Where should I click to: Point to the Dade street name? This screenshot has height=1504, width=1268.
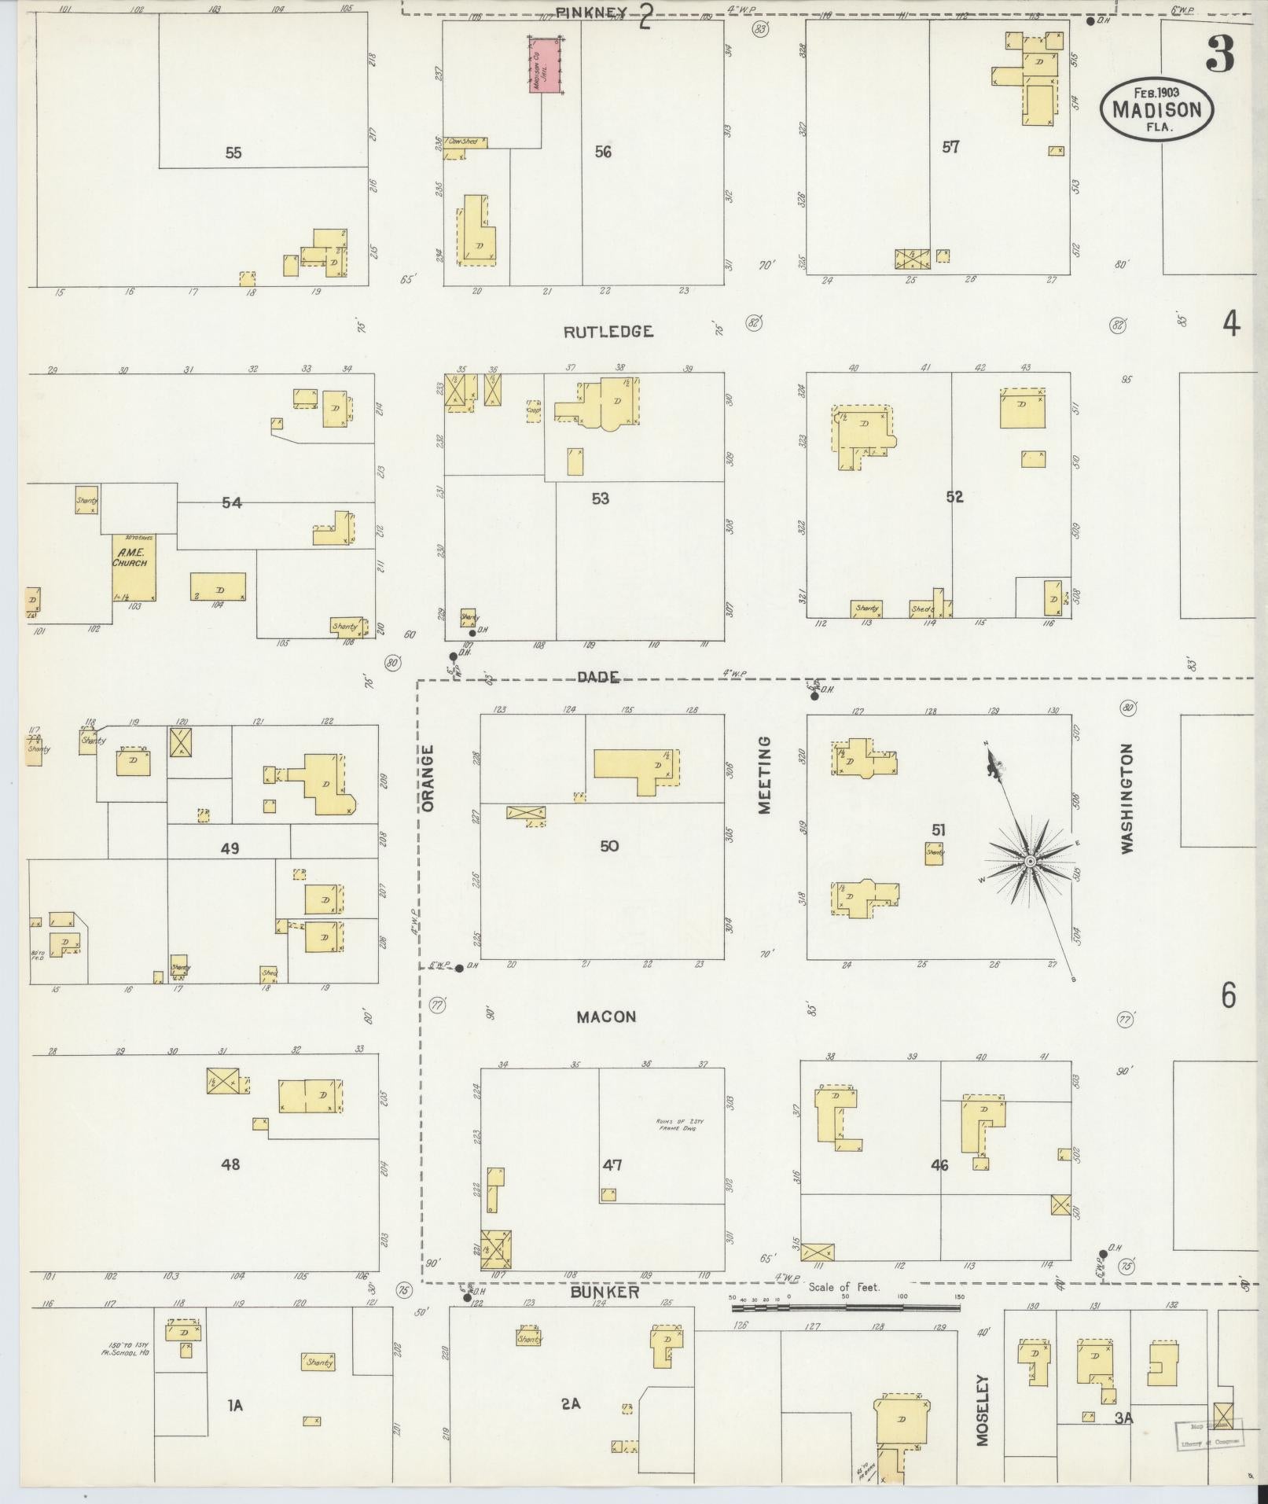coord(597,677)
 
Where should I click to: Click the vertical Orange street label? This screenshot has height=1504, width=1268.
coord(428,779)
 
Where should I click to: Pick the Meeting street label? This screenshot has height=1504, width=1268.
coord(765,774)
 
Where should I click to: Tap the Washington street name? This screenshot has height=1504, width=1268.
coord(1128,799)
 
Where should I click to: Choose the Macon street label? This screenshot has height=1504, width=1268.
coord(606,1017)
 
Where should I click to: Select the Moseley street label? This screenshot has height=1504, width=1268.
coord(983,1410)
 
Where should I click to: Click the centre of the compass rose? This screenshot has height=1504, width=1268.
coord(1028,862)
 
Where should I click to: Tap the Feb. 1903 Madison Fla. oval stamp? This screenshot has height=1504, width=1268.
coord(1156,110)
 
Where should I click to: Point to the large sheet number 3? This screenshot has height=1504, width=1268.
coord(1218,53)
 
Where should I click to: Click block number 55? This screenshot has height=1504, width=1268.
coord(233,153)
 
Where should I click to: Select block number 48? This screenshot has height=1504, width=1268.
coord(230,1164)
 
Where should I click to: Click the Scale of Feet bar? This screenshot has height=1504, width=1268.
coord(846,1308)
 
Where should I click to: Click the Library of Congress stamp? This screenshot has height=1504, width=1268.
coord(1209,1432)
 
